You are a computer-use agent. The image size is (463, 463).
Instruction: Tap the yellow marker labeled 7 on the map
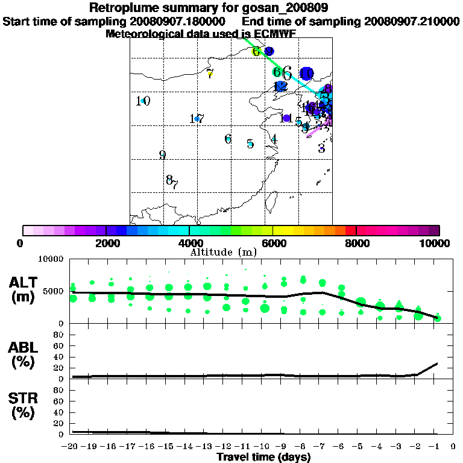point(210,74)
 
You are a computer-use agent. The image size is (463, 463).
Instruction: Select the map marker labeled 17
point(197,119)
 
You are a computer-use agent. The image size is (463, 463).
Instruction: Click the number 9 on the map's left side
point(162,155)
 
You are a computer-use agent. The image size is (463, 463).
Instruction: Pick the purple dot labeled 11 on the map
point(286,118)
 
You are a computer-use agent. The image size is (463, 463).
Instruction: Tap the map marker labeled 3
point(321,148)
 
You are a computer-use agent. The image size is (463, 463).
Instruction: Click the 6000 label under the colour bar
point(272,243)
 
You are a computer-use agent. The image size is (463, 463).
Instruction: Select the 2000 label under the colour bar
point(106,243)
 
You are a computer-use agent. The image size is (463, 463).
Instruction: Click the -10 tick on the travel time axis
point(264,446)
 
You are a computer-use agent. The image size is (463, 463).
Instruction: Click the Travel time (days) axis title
point(263,457)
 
